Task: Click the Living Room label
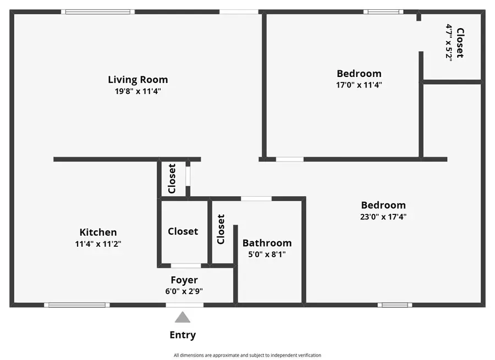coord(137,80)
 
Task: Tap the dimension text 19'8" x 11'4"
coord(137,92)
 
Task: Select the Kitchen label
coord(98,232)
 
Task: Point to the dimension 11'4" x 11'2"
coord(98,244)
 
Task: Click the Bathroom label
coord(267,243)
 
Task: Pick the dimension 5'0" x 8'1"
coord(267,254)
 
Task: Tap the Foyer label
coord(184,280)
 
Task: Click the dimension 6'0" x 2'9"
coord(184,292)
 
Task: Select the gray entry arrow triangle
coord(183,318)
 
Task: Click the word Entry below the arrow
coord(183,335)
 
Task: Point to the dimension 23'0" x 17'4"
coord(383,217)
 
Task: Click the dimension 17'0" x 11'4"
coord(359,85)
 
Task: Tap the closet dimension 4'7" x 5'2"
coord(449,42)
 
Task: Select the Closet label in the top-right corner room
coord(460,43)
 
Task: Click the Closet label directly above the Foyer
coord(183,231)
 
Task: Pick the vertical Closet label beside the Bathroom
coord(221,229)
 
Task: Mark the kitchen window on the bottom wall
coord(76,304)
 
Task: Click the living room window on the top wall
coord(98,12)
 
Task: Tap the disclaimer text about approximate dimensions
coord(247,355)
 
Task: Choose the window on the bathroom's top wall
coord(256,198)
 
